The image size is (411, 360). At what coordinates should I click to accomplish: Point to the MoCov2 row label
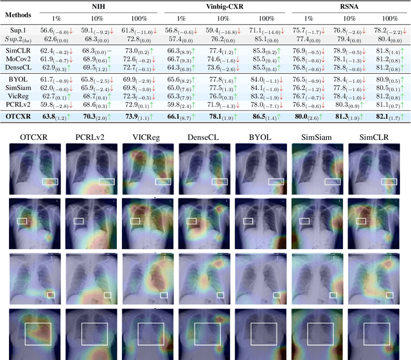click(x=21, y=58)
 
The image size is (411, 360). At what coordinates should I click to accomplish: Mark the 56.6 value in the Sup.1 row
click(x=46, y=30)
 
